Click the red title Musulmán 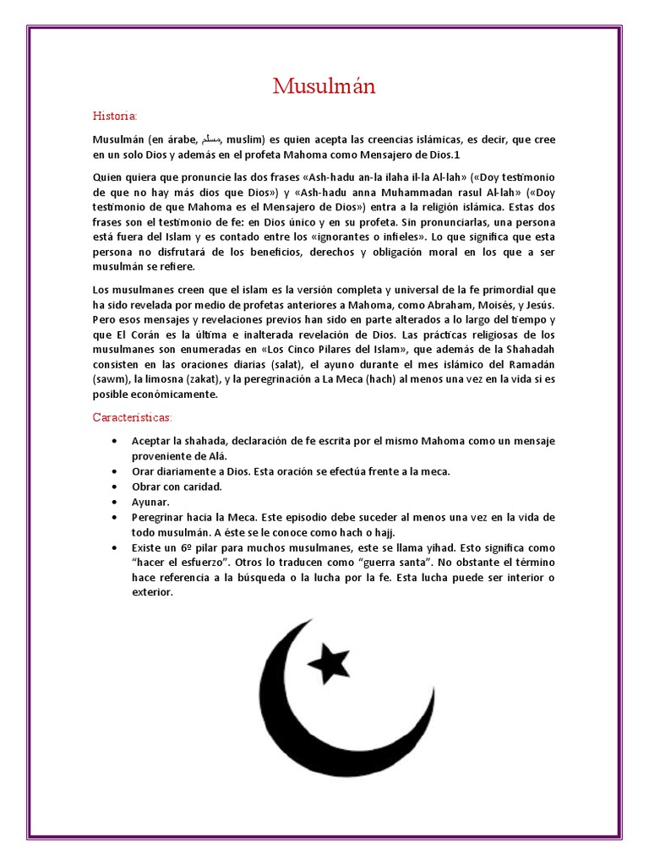click(324, 86)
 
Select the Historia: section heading click(114, 115)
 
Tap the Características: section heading click(132, 417)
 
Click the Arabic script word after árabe click(215, 139)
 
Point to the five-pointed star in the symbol click(327, 660)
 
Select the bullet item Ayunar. click(150, 502)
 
